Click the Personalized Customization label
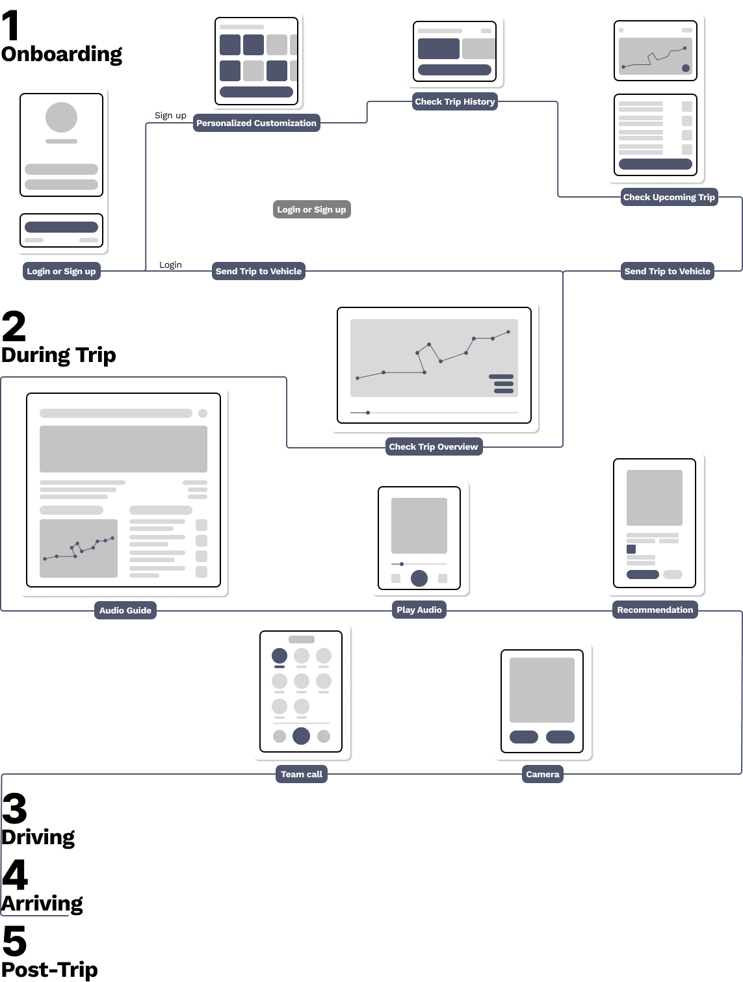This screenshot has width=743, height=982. click(256, 123)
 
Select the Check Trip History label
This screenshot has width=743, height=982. click(454, 101)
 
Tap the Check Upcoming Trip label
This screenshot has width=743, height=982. click(668, 197)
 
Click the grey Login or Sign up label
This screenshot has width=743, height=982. click(311, 209)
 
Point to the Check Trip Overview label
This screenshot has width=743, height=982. click(433, 446)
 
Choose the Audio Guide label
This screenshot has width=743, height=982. click(125, 610)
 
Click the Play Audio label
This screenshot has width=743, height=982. click(419, 610)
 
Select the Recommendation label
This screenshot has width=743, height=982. click(655, 610)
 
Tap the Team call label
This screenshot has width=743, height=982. click(301, 774)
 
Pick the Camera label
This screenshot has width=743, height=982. click(542, 774)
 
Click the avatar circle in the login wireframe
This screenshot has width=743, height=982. click(61, 118)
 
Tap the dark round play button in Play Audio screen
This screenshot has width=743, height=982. click(419, 578)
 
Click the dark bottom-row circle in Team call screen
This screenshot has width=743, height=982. click(301, 736)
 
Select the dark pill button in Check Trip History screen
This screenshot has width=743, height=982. click(454, 70)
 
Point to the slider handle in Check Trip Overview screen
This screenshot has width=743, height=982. click(368, 413)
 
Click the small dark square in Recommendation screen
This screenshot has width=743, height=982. click(631, 549)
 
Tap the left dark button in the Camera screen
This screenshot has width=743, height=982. click(523, 736)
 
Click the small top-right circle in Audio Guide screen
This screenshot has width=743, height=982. click(203, 413)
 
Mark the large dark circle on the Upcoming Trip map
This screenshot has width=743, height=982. click(685, 68)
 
